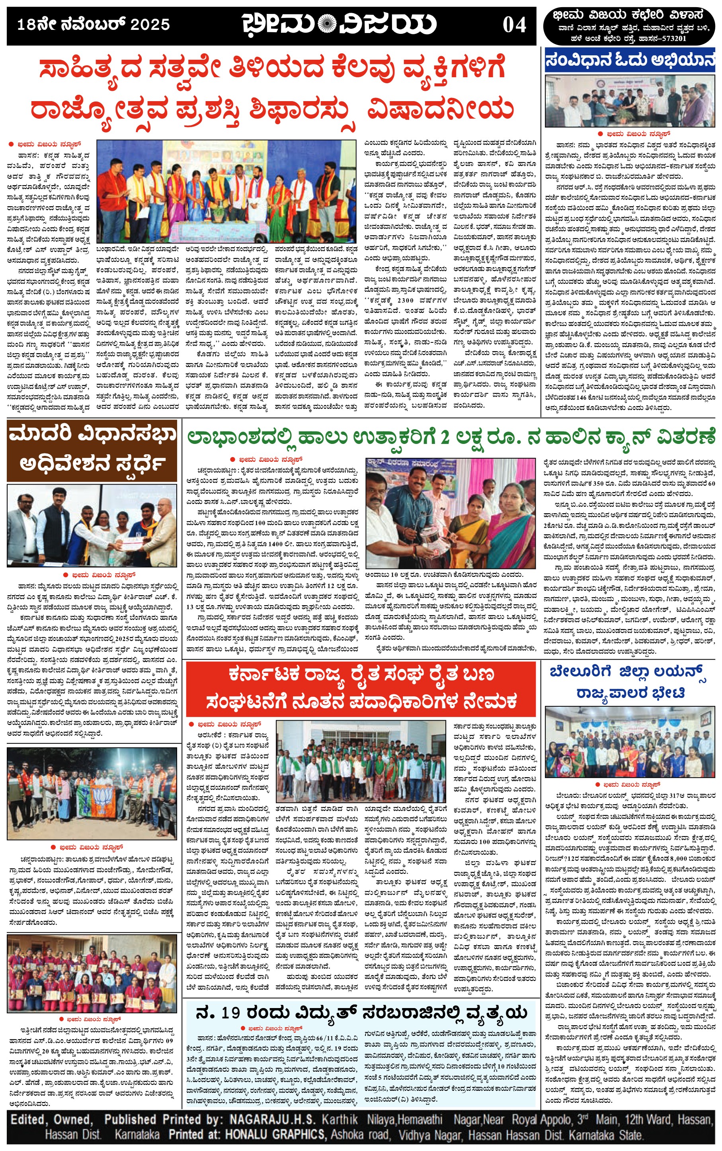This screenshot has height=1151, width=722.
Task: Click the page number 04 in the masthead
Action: [x=514, y=25]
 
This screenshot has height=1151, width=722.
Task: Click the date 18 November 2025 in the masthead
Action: [x=94, y=24]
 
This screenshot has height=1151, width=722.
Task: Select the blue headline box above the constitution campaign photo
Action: [x=629, y=61]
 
